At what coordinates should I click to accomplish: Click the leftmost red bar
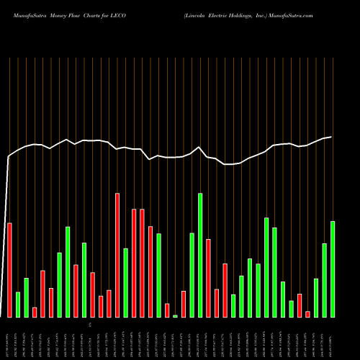9,270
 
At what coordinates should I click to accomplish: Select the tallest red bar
117,255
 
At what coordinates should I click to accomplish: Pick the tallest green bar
200,255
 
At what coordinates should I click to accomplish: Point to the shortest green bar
175,316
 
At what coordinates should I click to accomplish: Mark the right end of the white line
332,137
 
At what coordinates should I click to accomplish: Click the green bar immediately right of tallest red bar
125,282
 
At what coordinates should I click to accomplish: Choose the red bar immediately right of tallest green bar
208,278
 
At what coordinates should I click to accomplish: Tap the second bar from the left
18,305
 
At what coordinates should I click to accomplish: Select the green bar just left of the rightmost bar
324,280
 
